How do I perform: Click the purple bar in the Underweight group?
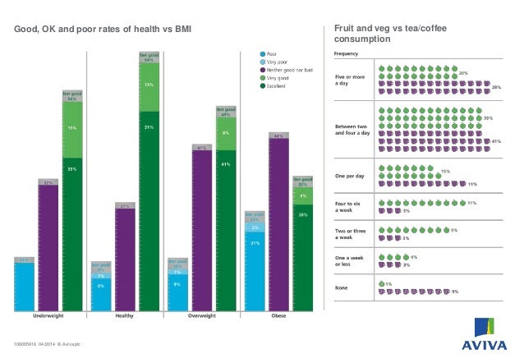pyautogui.click(x=48, y=246)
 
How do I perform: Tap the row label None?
pyautogui.click(x=342, y=287)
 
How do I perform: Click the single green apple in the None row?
pyautogui.click(x=380, y=283)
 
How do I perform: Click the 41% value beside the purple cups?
pyautogui.click(x=495, y=142)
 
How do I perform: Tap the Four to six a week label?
pyautogui.click(x=347, y=204)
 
